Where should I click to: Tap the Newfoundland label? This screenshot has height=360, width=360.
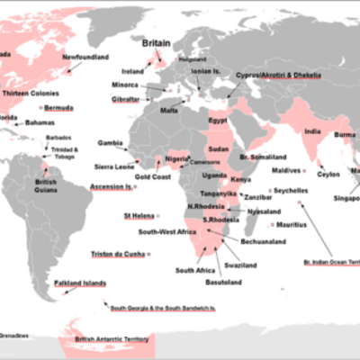pyautogui.click(x=85, y=58)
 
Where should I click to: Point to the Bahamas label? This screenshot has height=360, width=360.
pyautogui.click(x=40, y=121)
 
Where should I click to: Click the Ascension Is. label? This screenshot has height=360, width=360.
pyautogui.click(x=110, y=186)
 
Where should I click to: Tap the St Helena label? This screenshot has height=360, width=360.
pyautogui.click(x=138, y=216)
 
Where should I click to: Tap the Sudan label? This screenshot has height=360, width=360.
pyautogui.click(x=219, y=149)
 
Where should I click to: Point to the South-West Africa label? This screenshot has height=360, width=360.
pyautogui.click(x=166, y=232)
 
